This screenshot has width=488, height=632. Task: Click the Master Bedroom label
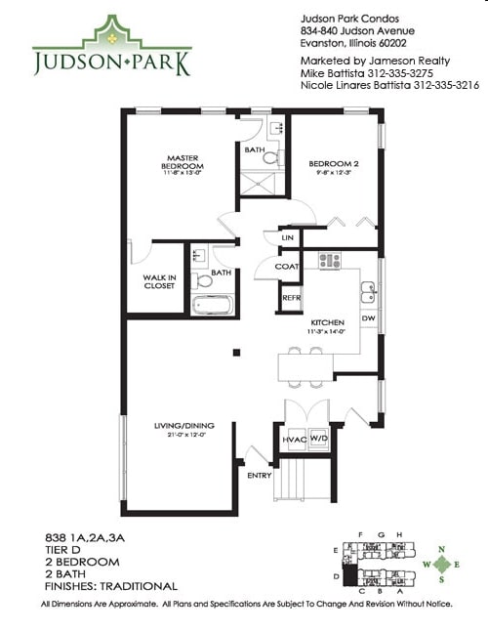tap(183, 162)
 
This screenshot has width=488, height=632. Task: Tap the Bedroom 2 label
tap(335, 163)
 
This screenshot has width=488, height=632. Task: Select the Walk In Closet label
tap(159, 281)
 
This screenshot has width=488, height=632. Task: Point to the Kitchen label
tap(327, 321)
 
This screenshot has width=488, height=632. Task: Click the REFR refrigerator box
tap(291, 297)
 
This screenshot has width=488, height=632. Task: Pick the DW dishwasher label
tap(368, 317)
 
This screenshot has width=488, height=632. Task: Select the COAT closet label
tap(286, 266)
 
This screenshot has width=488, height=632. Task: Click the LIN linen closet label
tap(287, 237)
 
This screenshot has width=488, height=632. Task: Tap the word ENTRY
tap(260, 476)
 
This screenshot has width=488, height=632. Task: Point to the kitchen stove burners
tap(330, 260)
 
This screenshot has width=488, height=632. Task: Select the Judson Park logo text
tap(111, 65)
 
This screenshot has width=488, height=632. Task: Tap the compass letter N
tap(444, 548)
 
